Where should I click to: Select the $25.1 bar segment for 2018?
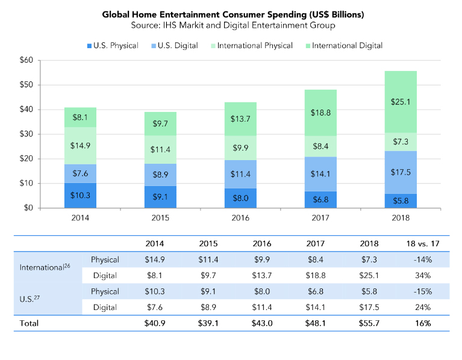point(401,102)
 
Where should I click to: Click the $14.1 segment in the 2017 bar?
point(320,174)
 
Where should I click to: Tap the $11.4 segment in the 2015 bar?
point(160,149)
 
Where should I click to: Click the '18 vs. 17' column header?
point(422,244)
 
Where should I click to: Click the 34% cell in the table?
point(422,276)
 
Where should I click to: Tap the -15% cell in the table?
point(422,291)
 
